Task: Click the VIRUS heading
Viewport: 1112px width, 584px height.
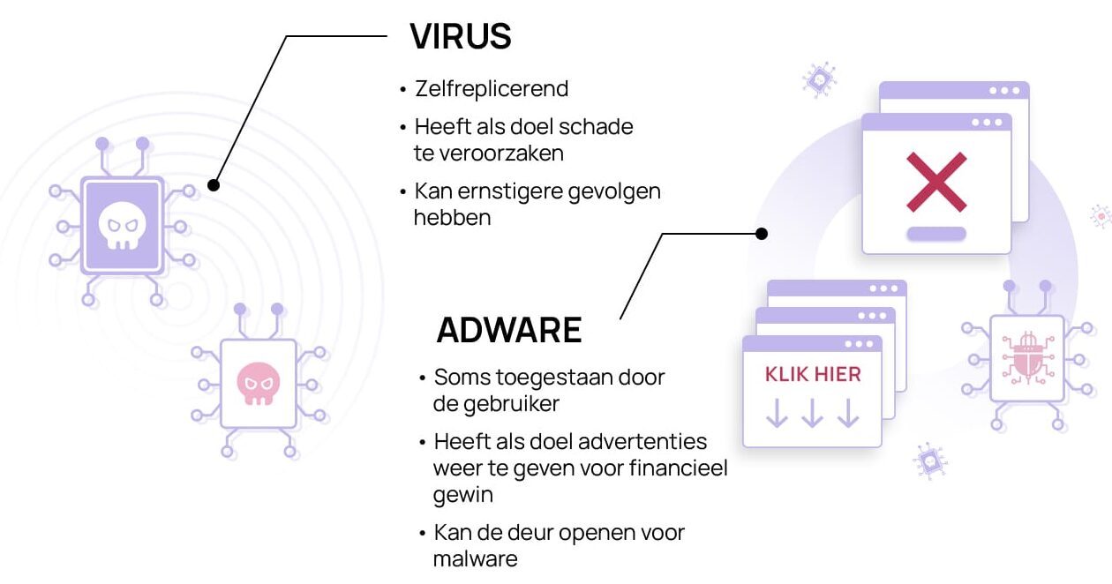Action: [x=460, y=36]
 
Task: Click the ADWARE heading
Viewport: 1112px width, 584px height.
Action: [x=509, y=330]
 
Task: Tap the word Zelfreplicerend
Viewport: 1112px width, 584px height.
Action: [x=492, y=89]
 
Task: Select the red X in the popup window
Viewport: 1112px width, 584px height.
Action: [x=936, y=182]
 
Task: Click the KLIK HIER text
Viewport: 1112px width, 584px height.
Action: [x=813, y=374]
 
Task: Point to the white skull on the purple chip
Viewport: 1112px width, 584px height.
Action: [x=122, y=226]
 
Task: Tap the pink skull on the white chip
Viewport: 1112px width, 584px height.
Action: [x=258, y=384]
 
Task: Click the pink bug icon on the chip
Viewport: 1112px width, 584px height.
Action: [x=1028, y=358]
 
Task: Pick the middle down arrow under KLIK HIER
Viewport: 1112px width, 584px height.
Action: [x=813, y=413]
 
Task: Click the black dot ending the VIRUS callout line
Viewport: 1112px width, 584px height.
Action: [x=214, y=185]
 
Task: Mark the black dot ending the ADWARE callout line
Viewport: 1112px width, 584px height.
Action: [x=762, y=234]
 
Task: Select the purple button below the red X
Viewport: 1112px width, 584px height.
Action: [x=936, y=234]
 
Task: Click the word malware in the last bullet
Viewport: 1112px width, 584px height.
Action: [x=475, y=559]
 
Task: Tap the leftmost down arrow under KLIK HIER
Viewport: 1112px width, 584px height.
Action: [x=777, y=413]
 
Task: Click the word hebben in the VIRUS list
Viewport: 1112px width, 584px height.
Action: [x=452, y=218]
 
